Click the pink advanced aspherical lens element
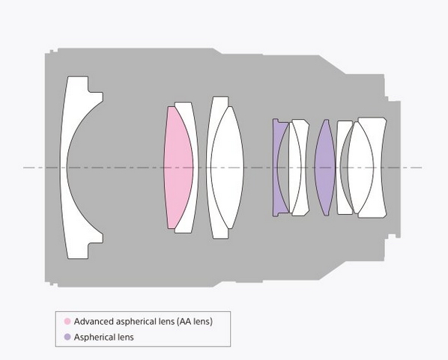177,168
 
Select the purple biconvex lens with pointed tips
325,168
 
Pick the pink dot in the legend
67,322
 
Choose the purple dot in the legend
67,337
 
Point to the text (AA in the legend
184,322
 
